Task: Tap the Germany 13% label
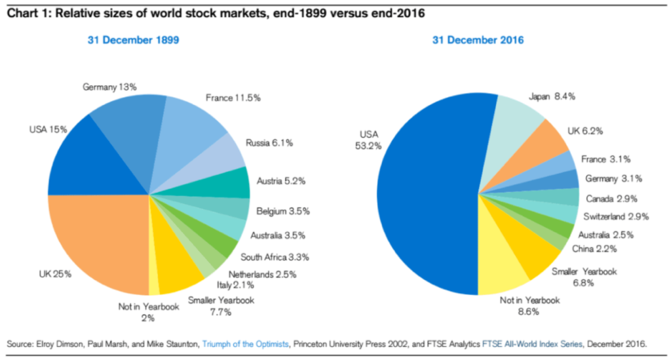click(110, 87)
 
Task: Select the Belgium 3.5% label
click(283, 211)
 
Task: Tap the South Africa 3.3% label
click(274, 256)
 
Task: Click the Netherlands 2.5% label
click(261, 273)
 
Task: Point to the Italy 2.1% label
click(235, 285)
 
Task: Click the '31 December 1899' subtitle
click(134, 41)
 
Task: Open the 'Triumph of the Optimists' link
click(245, 343)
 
